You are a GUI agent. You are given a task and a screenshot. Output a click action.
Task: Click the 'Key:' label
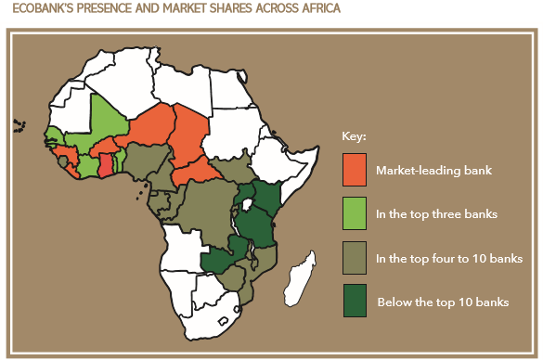[x=355, y=136]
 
